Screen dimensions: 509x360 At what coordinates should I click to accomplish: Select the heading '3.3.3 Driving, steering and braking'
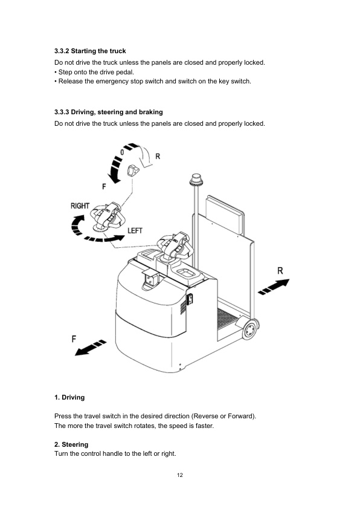[x=109, y=112]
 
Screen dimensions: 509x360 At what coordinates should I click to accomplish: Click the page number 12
[x=180, y=475]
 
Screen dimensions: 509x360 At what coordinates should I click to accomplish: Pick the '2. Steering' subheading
[x=71, y=444]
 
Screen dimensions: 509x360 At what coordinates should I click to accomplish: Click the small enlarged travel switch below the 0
[x=133, y=174]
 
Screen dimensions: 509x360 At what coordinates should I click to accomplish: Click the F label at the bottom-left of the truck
[x=74, y=339]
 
